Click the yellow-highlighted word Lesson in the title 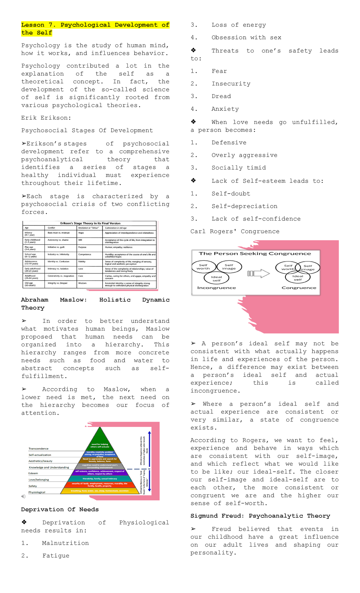tap(32, 25)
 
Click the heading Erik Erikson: tap(46, 118)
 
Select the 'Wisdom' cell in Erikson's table tap(82, 283)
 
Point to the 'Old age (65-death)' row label tap(31, 284)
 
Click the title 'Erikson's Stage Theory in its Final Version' tap(90, 223)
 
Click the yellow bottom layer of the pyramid tap(100, 491)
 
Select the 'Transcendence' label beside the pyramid tap(38, 449)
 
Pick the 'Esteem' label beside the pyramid tap(33, 473)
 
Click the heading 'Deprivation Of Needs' tap(60, 510)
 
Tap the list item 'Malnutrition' tap(65, 543)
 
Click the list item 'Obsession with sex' tap(246, 38)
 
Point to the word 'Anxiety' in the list tap(225, 109)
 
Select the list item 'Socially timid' tap(238, 168)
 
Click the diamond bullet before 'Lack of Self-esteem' tap(193, 181)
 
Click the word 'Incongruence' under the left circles tap(216, 288)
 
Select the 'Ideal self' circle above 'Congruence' tap(298, 278)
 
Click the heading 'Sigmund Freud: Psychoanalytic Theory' tap(260, 516)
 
